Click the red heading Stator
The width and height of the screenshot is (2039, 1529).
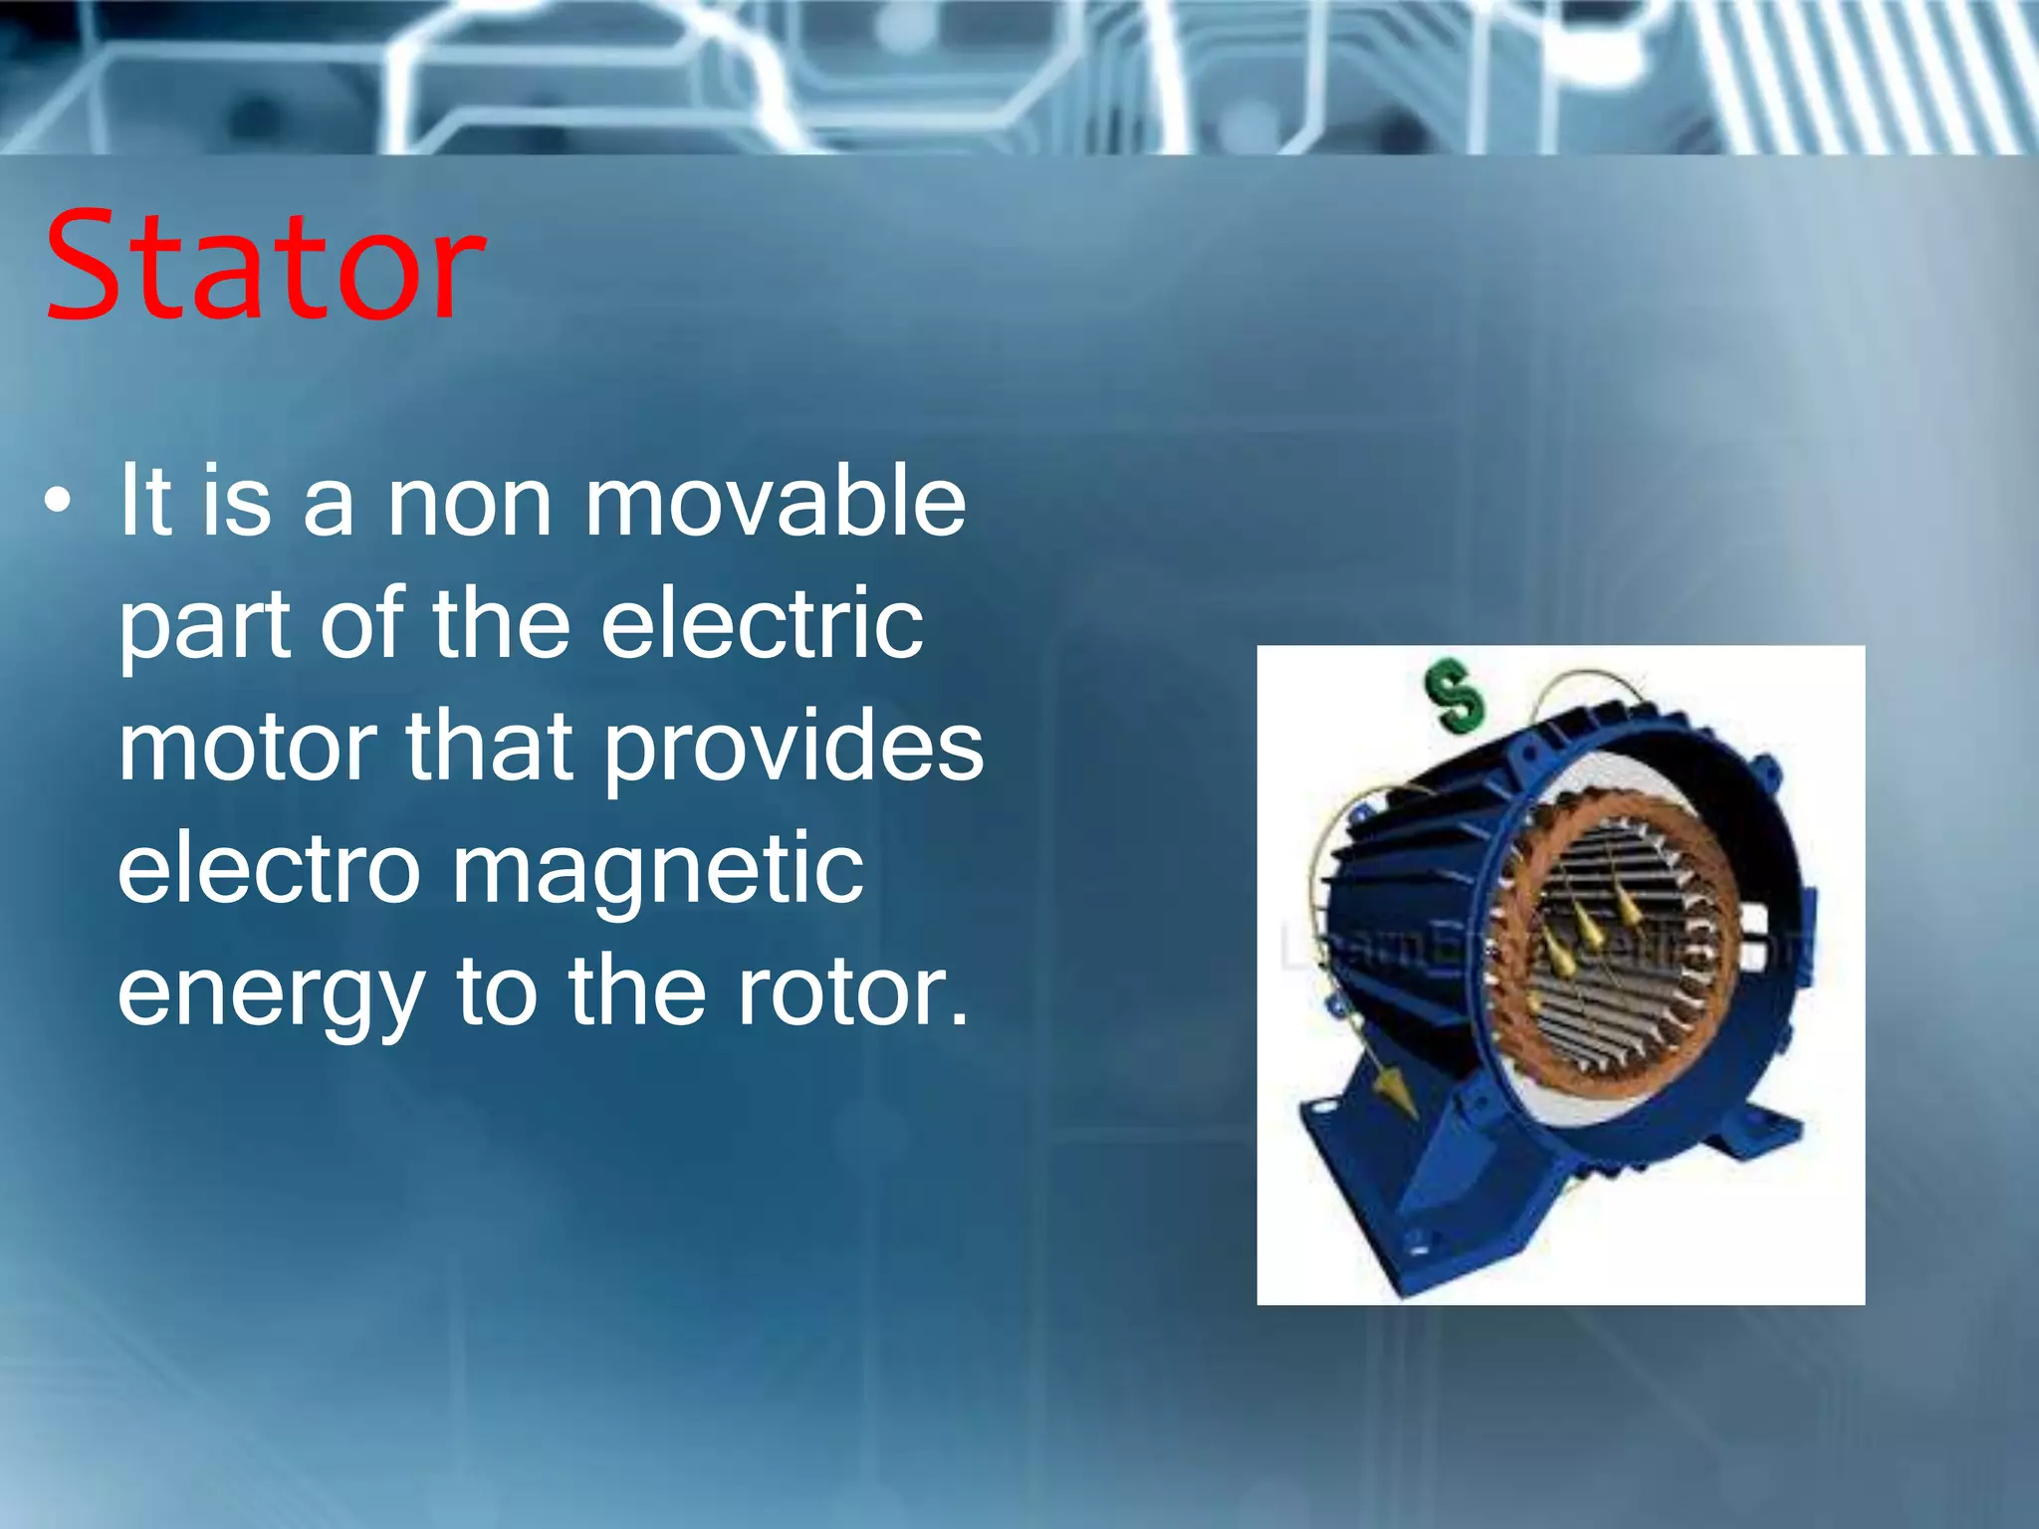click(265, 267)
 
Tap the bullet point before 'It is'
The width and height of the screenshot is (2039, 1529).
click(58, 502)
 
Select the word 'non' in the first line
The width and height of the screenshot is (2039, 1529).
click(469, 504)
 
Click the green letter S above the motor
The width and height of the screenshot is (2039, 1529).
click(1455, 696)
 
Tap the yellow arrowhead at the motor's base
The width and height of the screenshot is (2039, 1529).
click(1395, 1095)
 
